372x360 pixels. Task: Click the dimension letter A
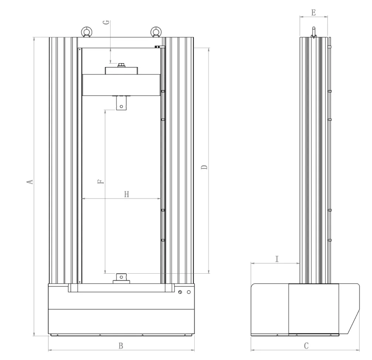[x=30, y=182]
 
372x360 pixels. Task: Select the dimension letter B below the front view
[x=121, y=346]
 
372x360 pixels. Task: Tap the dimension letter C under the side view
[x=306, y=346]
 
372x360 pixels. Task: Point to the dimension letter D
[x=204, y=167]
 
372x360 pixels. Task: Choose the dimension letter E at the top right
[x=314, y=13]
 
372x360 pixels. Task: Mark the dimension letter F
[x=101, y=182]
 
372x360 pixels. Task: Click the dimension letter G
[x=107, y=22]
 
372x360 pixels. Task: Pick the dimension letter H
[x=127, y=194]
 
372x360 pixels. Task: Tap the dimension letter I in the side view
[x=277, y=259]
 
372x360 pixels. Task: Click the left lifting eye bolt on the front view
[x=87, y=32]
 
